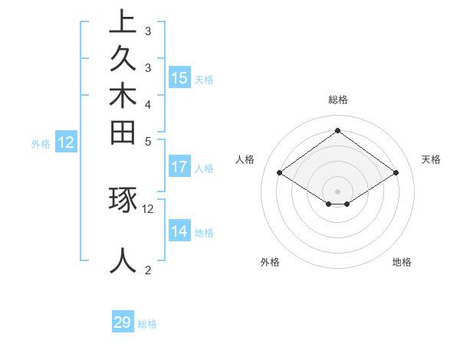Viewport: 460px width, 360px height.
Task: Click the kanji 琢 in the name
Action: click(123, 201)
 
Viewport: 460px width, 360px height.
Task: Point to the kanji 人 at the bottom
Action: click(123, 260)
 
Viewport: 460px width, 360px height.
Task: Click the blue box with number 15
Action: click(179, 77)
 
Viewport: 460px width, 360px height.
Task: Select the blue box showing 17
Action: click(179, 166)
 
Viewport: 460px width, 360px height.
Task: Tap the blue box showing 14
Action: click(179, 231)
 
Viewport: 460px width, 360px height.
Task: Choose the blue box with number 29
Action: click(123, 322)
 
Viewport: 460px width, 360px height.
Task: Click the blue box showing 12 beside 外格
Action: click(66, 142)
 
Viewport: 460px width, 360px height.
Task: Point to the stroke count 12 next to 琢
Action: click(148, 208)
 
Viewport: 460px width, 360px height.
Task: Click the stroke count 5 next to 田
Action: click(148, 142)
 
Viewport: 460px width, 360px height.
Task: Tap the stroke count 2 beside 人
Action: click(148, 269)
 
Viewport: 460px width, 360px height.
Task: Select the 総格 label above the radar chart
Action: click(337, 100)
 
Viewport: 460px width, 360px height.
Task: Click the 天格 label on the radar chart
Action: click(431, 159)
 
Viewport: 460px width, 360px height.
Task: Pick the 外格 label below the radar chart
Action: click(270, 262)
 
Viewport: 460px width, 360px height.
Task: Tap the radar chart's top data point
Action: click(337, 130)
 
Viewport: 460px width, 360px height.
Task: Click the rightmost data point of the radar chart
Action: click(396, 173)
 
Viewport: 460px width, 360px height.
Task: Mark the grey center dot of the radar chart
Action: click(337, 191)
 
